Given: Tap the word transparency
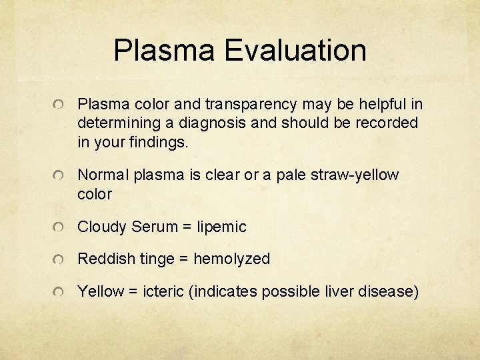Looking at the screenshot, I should point(253,104).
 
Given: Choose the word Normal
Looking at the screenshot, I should point(103,175).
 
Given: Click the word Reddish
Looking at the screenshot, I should point(105,259).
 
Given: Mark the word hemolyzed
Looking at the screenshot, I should point(232,259).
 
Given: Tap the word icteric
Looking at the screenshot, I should point(161,291).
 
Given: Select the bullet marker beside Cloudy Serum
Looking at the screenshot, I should point(60,227).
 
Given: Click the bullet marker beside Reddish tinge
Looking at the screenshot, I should point(60,259).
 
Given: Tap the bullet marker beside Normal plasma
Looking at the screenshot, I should point(60,175).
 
